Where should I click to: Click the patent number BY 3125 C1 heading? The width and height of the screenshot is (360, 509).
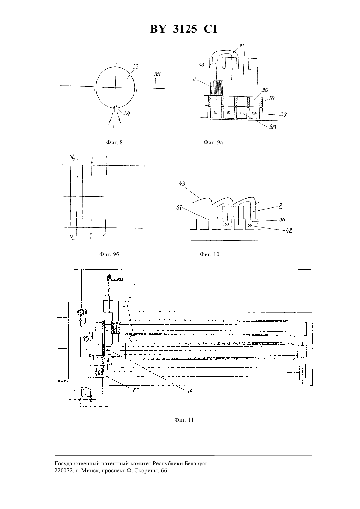184,29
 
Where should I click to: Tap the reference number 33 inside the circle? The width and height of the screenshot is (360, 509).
136,67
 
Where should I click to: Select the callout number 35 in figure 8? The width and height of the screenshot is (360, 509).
157,74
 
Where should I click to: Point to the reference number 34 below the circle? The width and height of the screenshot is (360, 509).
127,113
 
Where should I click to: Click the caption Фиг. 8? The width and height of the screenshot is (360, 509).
114,143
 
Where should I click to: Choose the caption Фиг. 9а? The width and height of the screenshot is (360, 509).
213,143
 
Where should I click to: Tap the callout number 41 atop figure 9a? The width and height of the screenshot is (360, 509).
242,46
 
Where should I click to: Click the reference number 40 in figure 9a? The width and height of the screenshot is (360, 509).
201,65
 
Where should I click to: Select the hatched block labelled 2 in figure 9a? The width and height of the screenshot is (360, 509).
217,88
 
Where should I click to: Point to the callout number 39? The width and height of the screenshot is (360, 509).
283,114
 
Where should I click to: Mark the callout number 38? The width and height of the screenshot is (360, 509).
272,127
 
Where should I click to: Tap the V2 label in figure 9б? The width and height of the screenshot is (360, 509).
72,238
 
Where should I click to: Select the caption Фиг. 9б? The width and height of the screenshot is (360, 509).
109,254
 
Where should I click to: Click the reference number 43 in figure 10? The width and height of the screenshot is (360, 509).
182,184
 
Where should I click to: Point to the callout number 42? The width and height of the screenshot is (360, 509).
289,230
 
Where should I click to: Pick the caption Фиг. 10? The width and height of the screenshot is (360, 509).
209,254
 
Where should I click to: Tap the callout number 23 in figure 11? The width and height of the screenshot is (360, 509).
135,390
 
